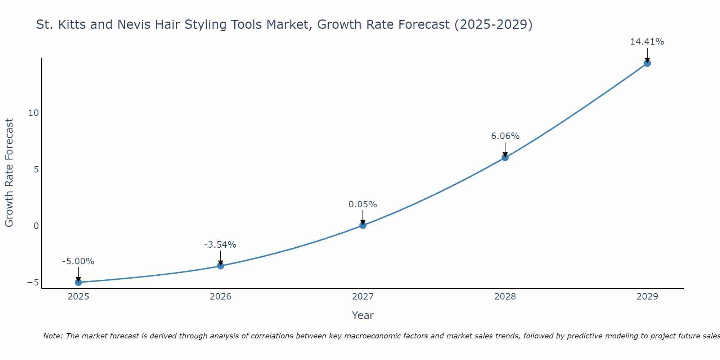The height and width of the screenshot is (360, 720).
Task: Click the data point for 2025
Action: [78, 282]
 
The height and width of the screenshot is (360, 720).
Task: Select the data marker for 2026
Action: [220, 266]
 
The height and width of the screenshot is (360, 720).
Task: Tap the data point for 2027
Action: [363, 225]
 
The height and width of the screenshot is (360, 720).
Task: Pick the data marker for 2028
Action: [505, 157]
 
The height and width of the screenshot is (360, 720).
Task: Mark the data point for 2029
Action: [647, 63]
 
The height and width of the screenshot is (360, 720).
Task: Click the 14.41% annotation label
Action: [647, 42]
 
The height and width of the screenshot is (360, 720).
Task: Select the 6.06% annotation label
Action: [505, 136]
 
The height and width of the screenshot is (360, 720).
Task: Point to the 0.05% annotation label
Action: [363, 204]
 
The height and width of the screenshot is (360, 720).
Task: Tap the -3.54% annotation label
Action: [220, 245]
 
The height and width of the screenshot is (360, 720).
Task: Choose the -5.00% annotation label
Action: [78, 261]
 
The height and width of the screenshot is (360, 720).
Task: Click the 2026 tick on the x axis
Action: [220, 297]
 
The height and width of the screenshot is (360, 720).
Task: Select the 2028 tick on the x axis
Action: [505, 297]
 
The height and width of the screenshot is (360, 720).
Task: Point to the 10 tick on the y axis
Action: [33, 113]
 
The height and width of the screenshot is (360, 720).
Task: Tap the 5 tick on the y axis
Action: [36, 169]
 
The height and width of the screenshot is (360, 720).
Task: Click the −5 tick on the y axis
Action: [33, 283]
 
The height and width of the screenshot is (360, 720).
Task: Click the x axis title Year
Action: [363, 315]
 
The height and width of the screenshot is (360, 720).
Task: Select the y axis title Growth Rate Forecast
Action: [9, 173]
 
